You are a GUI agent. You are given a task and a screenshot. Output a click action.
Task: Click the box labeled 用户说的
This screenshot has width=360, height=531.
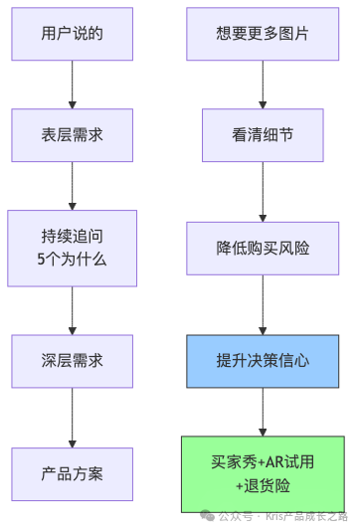73,35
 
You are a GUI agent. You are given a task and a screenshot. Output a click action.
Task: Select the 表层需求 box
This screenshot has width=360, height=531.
73,135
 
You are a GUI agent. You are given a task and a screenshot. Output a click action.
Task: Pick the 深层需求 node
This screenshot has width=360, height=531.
73,361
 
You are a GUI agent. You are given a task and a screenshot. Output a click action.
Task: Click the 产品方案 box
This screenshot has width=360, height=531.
73,473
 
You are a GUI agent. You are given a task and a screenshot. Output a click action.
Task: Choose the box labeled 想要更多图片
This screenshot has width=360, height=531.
263,35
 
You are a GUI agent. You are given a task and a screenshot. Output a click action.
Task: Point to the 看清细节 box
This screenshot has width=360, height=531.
263,135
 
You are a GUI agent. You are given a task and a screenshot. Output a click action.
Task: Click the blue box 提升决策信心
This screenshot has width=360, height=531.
263,361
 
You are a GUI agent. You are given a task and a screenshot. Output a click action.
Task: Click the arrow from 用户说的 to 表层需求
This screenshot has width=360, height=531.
73,85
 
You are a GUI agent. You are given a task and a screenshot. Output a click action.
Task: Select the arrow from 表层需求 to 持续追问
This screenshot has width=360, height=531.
73,185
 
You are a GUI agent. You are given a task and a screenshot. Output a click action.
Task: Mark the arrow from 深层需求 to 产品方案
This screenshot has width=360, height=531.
73,418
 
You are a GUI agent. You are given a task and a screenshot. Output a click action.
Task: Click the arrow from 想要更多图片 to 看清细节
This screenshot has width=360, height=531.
263,85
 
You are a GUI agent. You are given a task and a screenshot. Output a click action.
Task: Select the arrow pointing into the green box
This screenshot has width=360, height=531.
263,412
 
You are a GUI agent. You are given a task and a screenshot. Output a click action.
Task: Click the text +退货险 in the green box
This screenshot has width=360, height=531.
263,485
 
